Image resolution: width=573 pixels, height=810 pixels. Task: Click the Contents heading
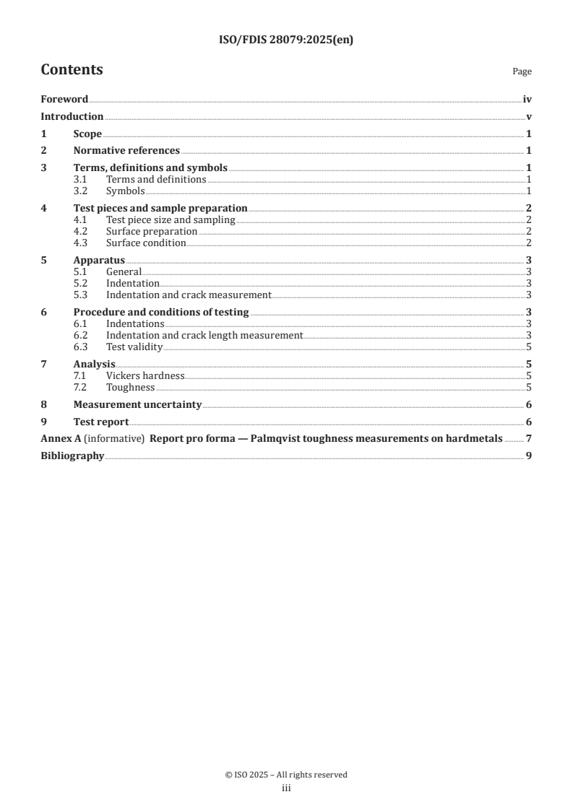coord(72,70)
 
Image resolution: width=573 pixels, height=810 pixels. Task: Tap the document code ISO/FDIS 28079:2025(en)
coord(286,40)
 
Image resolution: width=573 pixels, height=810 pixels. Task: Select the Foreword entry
coord(64,100)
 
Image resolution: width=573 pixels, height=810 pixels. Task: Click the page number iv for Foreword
coord(527,100)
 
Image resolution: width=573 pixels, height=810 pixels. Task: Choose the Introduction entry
coord(72,117)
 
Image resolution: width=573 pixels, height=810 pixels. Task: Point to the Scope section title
coord(87,134)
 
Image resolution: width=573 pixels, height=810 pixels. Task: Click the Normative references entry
coord(126,151)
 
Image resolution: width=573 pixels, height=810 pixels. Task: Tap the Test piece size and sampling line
coord(171,220)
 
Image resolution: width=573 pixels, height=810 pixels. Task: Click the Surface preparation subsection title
coord(152,232)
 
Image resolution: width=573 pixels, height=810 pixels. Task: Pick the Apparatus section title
coord(99,261)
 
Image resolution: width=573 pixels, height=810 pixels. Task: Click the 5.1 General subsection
coord(124,272)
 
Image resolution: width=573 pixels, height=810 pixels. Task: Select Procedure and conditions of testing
coord(161,313)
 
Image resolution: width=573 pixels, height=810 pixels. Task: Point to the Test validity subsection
coord(134,347)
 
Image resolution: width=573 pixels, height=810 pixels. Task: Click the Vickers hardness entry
coord(145,376)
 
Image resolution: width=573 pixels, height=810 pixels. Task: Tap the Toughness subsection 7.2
coord(130,388)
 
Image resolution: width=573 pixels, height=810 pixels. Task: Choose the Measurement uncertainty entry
coord(137,405)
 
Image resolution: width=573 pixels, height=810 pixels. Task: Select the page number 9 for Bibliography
coord(529,456)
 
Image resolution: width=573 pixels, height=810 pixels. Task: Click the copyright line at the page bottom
coord(286,775)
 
